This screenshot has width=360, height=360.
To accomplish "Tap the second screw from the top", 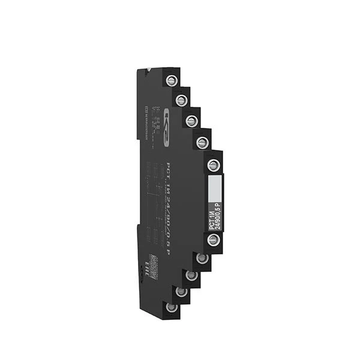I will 181,100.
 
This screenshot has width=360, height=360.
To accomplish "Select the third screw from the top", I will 191,121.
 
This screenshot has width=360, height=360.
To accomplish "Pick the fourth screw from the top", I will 202,143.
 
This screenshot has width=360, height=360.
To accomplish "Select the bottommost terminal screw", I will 171,308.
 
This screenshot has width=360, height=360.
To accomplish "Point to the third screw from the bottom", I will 191,275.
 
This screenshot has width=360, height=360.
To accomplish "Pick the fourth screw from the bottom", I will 202,259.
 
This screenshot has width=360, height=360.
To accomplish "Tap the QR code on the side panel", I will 152,264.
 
